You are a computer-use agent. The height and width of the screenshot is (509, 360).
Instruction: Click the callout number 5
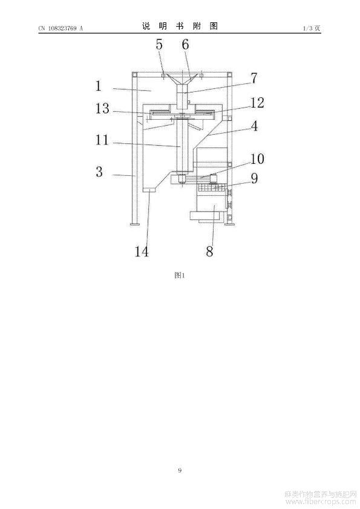pos(159,44)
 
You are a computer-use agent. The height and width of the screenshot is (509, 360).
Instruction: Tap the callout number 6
pos(185,44)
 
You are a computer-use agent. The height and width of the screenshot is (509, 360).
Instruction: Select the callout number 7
pos(254,78)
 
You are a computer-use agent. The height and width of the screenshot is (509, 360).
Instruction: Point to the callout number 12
pos(257,103)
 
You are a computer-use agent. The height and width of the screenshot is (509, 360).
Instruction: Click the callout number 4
pos(254,126)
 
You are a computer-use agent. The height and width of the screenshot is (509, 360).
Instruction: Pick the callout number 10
pos(257,159)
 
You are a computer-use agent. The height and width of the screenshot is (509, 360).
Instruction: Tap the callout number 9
pos(254,178)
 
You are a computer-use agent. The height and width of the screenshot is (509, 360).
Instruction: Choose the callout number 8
pos(210,251)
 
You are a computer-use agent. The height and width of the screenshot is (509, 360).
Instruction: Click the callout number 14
pos(142,251)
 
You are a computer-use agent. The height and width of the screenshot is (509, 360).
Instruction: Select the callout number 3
pos(99,172)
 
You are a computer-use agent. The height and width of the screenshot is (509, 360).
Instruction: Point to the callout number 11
pos(102,140)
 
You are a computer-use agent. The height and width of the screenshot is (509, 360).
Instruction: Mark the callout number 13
pos(102,108)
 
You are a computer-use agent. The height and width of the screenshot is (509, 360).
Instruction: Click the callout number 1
pos(99,86)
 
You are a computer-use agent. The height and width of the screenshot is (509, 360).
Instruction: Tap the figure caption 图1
pos(180,275)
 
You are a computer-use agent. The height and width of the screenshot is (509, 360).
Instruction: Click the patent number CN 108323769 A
pos(61,28)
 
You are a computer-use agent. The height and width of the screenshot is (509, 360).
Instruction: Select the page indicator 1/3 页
pos(312,28)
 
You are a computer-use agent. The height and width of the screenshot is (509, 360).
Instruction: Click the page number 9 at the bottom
pos(180,470)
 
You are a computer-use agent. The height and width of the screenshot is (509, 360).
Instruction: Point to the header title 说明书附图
pos(180,26)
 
